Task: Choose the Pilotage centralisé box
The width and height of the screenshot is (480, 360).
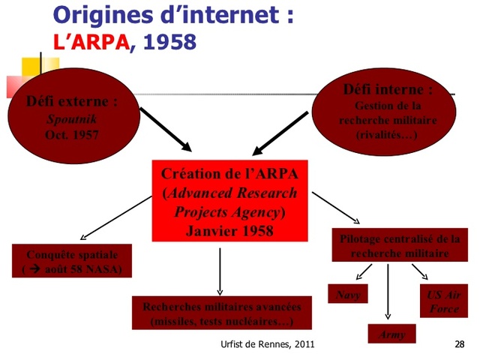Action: coord(399,247)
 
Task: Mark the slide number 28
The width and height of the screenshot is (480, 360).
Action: coord(459,344)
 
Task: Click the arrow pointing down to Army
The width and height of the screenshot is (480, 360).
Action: coord(388,292)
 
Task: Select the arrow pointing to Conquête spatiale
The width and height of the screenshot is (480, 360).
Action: coord(112,215)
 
